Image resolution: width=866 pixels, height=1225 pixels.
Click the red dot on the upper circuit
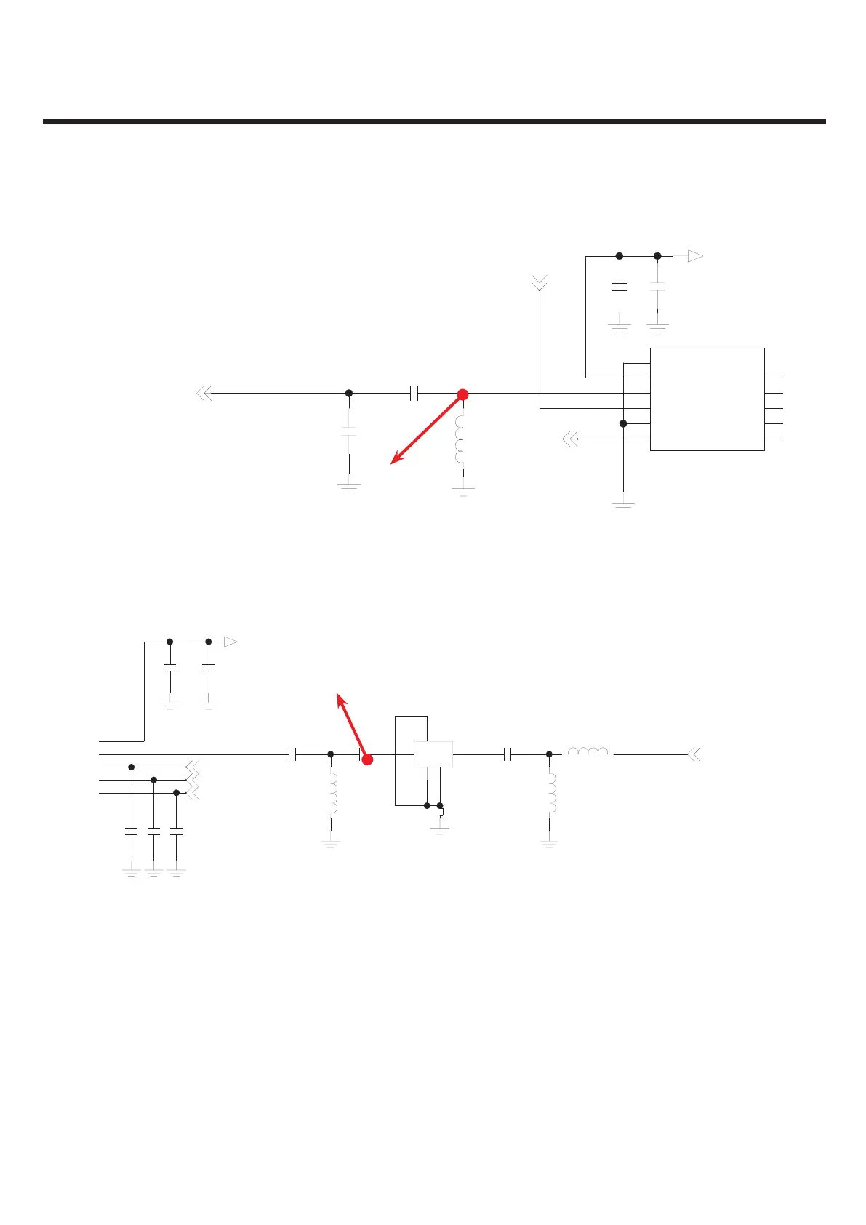point(462,394)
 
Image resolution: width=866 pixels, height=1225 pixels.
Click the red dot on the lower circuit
point(367,759)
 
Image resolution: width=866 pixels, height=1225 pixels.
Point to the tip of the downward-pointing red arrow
point(392,463)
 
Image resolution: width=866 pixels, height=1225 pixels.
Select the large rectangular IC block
point(707,399)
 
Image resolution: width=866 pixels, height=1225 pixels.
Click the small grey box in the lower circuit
point(433,754)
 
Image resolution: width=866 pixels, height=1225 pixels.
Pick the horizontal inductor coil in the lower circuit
point(590,753)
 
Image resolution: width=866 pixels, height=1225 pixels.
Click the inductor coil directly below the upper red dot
point(460,440)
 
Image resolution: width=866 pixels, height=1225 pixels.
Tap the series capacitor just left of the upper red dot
point(414,394)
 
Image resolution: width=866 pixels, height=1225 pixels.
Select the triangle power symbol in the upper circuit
point(695,256)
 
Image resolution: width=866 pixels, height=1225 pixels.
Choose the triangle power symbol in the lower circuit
point(230,642)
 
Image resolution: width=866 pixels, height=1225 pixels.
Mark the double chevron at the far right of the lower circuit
point(694,755)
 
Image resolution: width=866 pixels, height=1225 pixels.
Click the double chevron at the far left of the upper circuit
point(204,394)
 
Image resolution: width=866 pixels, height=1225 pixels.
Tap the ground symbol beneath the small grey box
point(440,829)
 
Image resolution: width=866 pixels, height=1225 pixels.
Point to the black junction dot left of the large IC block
point(623,423)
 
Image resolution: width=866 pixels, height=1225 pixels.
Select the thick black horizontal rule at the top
point(434,121)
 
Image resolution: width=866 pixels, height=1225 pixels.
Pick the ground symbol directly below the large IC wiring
point(623,505)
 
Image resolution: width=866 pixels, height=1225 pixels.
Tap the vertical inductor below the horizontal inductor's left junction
point(550,793)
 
